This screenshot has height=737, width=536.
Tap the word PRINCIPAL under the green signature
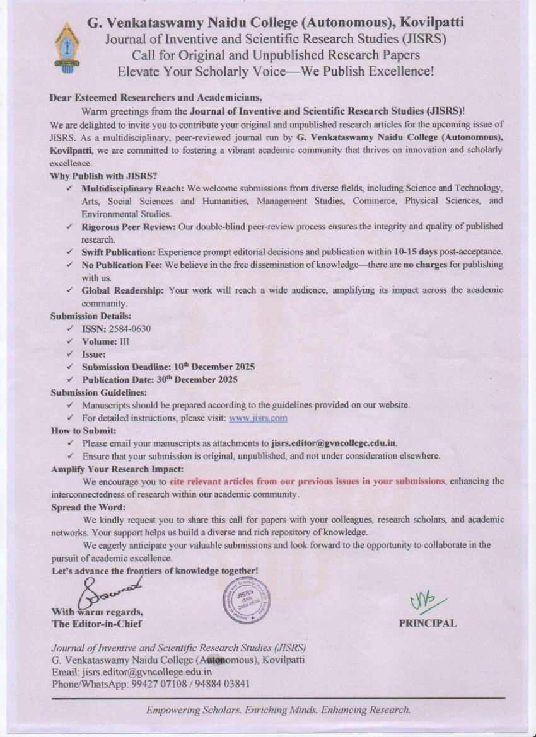[x=428, y=623]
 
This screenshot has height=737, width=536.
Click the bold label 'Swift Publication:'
[x=119, y=252]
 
